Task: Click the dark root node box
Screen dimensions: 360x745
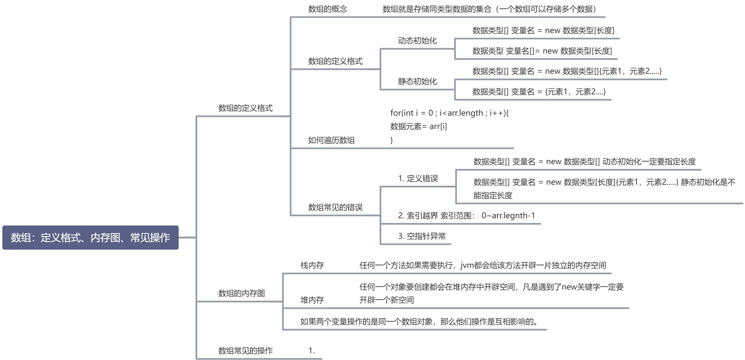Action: (90, 237)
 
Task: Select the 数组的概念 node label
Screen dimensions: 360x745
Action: (327, 9)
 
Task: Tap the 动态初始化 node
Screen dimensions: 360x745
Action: (417, 40)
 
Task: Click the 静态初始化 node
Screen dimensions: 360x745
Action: (417, 81)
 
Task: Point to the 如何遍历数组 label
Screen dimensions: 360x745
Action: (331, 140)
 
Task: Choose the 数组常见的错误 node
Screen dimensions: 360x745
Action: (335, 207)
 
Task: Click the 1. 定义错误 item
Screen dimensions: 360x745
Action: (418, 178)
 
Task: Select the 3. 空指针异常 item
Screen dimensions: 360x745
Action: (422, 236)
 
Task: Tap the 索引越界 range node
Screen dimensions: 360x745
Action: (466, 216)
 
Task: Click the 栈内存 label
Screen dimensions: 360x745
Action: (312, 265)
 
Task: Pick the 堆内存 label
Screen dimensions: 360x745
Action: (312, 300)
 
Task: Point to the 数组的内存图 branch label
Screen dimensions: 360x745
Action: (242, 293)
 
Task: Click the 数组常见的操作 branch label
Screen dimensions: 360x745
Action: (245, 351)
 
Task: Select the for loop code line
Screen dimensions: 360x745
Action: (449, 113)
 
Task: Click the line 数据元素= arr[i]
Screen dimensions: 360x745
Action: (418, 126)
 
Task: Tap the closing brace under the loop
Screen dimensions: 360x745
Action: (392, 140)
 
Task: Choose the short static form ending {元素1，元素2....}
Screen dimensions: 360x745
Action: (539, 92)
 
